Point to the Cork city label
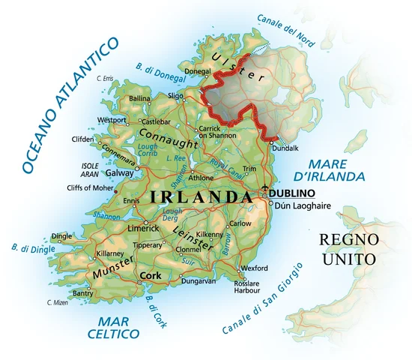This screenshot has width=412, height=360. [x=151, y=275]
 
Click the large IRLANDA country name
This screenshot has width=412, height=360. [x=201, y=197]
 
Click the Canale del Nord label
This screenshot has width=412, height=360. [x=285, y=29]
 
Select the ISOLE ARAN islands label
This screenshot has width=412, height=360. [x=90, y=169]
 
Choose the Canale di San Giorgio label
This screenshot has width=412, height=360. [x=261, y=300]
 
